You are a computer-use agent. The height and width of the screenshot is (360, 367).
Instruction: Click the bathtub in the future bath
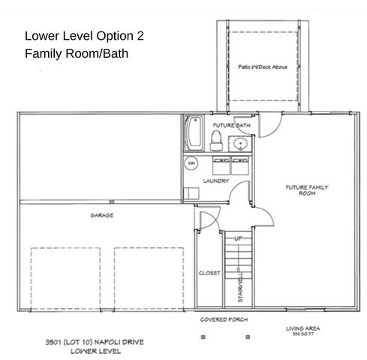click(191, 133)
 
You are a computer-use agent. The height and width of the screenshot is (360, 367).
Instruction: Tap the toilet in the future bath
click(215, 139)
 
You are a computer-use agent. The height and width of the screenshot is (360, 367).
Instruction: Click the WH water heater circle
click(191, 162)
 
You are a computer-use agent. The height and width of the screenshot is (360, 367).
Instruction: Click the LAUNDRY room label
click(216, 181)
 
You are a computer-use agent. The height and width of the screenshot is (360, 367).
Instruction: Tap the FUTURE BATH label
click(230, 125)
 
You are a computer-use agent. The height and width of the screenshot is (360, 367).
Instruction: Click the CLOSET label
click(209, 274)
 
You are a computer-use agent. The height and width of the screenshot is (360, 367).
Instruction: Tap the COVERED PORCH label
click(224, 319)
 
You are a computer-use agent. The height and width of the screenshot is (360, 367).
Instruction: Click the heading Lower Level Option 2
click(83, 35)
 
